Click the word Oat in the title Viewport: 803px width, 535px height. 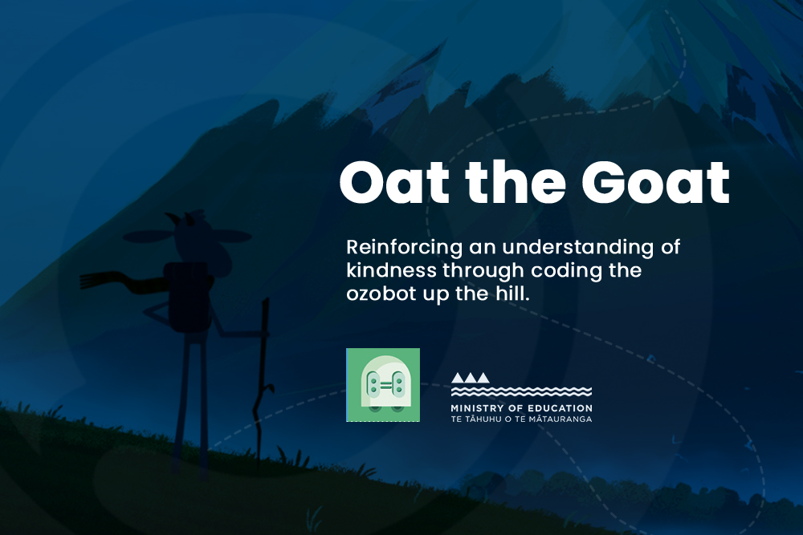tap(394, 182)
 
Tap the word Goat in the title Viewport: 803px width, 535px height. tap(655, 182)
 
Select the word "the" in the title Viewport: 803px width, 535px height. tap(516, 181)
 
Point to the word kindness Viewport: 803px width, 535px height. tap(392, 270)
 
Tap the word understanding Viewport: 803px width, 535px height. tap(578, 248)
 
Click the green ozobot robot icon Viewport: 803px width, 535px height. tap(383, 385)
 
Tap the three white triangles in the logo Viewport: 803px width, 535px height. tap(470, 378)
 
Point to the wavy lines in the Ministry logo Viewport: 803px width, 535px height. tap(521, 391)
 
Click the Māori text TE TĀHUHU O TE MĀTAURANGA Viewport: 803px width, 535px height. tap(521, 419)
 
